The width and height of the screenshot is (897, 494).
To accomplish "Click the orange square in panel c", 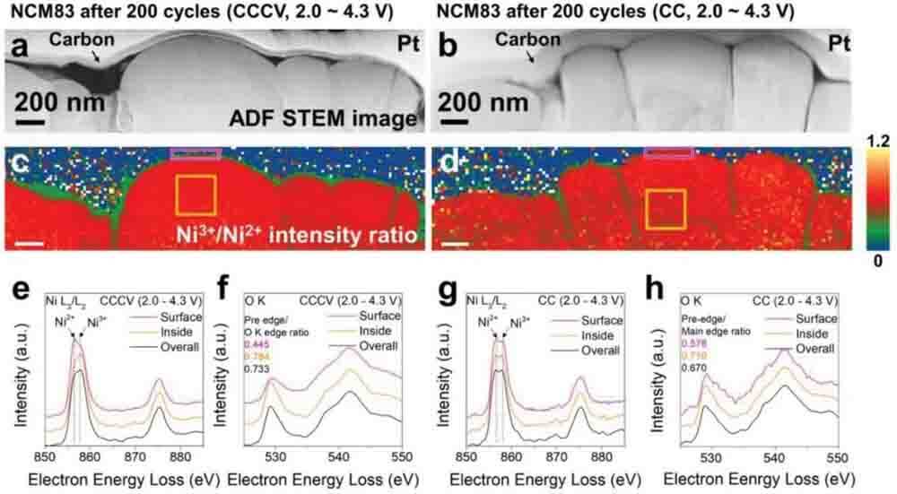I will [196, 195].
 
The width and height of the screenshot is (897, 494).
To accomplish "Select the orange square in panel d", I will [666, 209].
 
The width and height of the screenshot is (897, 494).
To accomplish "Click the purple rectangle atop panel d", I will [668, 153].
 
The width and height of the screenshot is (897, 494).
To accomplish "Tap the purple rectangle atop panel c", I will [195, 154].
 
